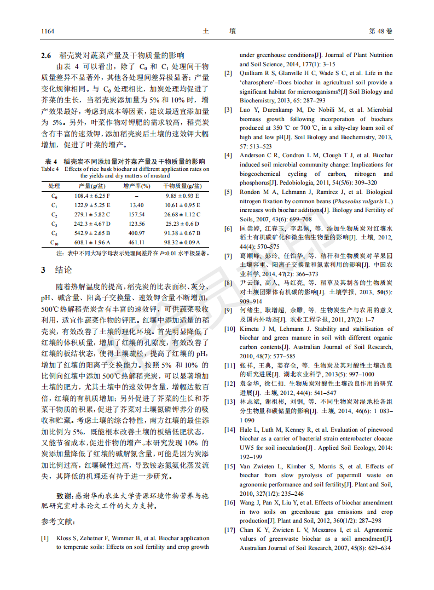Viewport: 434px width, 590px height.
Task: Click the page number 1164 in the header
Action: pos(48,31)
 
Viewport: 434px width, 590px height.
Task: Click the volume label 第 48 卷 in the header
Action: pos(381,31)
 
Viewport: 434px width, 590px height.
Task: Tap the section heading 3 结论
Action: pos(56,270)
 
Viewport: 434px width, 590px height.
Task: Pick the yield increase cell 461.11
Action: pos(137,242)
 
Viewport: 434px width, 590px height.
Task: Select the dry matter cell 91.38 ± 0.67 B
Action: pos(182,233)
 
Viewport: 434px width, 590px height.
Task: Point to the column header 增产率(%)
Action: pos(137,186)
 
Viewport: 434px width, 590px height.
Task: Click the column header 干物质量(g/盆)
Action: pos(182,186)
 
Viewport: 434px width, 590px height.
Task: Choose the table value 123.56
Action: pos(137,224)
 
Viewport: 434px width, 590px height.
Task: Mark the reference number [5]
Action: pos(229,192)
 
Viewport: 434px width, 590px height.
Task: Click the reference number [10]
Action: pos(230,329)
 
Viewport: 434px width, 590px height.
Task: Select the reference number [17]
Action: pos(230,530)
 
